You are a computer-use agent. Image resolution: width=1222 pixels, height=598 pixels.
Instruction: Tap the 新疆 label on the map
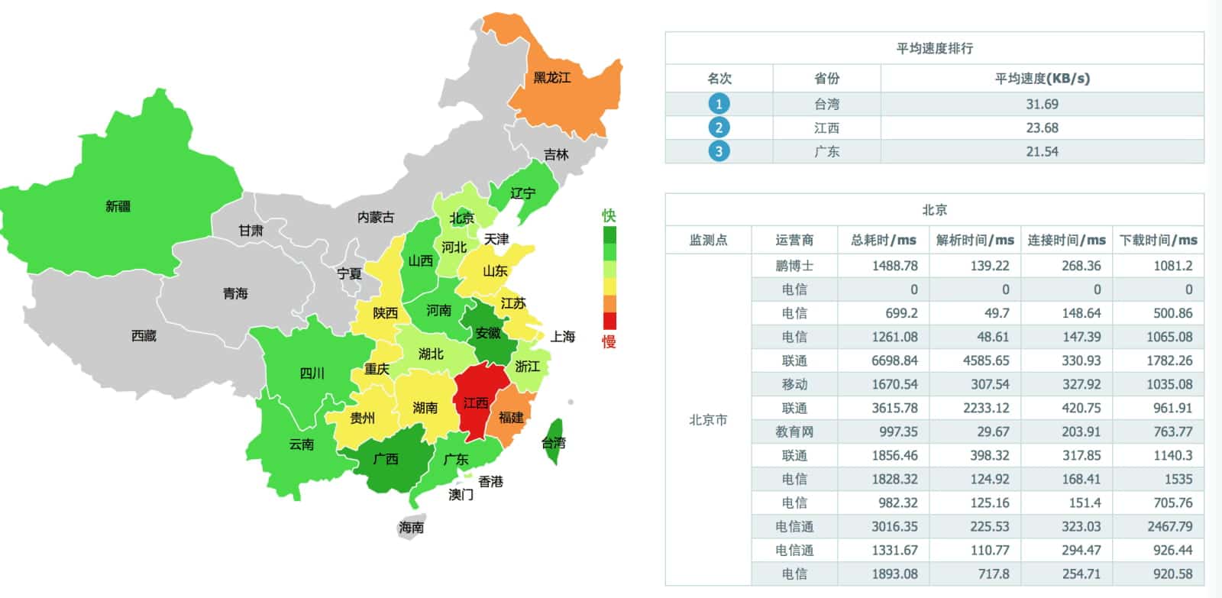tap(118, 206)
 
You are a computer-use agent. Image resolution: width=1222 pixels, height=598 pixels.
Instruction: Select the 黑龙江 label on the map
tap(551, 78)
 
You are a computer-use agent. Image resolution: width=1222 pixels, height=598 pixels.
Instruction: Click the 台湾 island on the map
tap(554, 442)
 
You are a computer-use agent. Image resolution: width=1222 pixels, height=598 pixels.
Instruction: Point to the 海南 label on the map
tap(411, 527)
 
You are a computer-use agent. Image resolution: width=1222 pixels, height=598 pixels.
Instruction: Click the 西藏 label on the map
tap(144, 335)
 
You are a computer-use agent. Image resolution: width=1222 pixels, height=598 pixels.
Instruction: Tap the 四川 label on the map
tap(312, 373)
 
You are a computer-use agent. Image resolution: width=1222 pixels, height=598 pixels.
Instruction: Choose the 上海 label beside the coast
tap(563, 336)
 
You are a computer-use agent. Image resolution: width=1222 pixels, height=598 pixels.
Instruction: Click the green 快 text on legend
tap(609, 215)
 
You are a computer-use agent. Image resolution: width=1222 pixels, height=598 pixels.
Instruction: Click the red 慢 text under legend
tap(609, 341)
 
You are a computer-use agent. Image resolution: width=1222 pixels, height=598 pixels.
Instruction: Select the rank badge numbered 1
tap(718, 104)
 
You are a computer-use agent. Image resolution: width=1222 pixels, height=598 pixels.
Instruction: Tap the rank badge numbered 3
tap(718, 151)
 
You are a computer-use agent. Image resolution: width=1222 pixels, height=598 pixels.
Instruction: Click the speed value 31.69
tap(1042, 104)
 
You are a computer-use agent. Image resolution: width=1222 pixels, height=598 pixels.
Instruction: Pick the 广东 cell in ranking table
tap(826, 151)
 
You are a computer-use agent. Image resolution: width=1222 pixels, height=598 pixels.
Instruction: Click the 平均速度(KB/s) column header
tap(1042, 78)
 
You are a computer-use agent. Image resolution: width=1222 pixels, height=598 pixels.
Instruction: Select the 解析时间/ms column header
tap(975, 240)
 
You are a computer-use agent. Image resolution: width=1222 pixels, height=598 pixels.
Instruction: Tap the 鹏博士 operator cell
tap(794, 266)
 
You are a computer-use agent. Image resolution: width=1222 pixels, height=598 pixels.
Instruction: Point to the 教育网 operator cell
tap(794, 432)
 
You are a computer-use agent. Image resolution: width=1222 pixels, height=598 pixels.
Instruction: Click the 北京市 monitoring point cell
tap(708, 420)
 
